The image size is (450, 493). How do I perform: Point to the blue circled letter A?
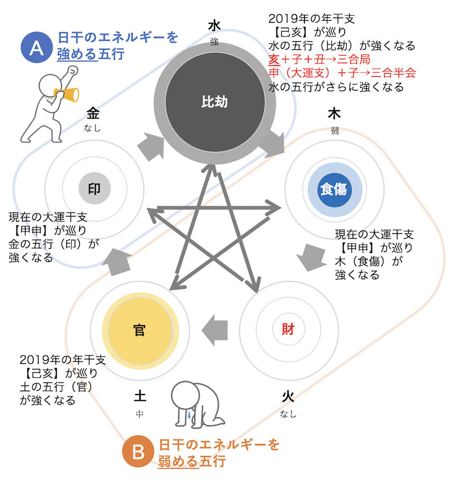coord(35,47)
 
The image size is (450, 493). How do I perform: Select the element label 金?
coord(93,113)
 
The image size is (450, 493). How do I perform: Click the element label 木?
coord(334,113)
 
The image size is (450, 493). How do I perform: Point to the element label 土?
coord(140,397)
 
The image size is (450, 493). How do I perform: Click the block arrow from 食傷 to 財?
coord(310,256)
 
